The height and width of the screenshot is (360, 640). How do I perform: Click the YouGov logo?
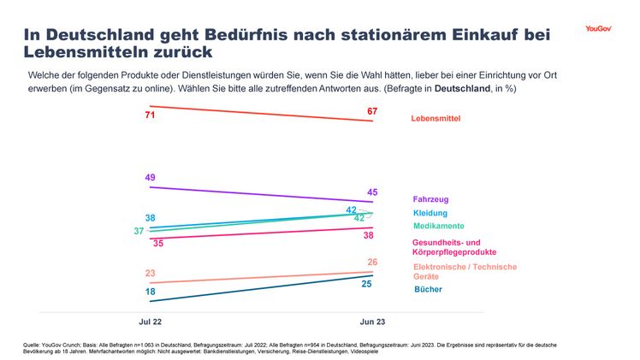tap(598, 28)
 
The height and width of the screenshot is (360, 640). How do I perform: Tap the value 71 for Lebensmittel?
tap(150, 115)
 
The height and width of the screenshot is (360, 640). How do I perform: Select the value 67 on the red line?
tap(372, 112)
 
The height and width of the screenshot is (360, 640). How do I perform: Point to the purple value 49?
tap(150, 178)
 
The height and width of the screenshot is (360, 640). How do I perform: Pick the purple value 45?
tap(372, 192)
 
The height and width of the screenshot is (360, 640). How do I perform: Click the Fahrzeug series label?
tap(432, 199)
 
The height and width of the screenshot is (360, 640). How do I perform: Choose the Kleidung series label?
tap(430, 213)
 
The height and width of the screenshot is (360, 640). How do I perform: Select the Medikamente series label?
tap(438, 226)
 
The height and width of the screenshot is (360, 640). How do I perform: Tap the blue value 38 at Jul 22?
tap(150, 218)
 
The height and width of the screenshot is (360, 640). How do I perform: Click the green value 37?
tap(139, 232)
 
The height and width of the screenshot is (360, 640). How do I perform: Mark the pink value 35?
tap(157, 244)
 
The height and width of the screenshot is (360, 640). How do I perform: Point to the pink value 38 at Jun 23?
tap(368, 235)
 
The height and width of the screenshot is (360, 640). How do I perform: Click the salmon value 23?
tap(150, 274)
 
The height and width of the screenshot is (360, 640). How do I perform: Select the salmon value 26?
tap(372, 262)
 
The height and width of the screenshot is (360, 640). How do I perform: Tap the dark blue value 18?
tap(150, 292)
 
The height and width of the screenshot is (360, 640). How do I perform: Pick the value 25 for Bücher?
tap(366, 283)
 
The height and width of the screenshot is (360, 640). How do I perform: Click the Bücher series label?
tap(428, 289)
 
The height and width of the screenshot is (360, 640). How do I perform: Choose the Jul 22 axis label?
tap(151, 322)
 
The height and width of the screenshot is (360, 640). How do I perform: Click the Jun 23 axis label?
tap(371, 322)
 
